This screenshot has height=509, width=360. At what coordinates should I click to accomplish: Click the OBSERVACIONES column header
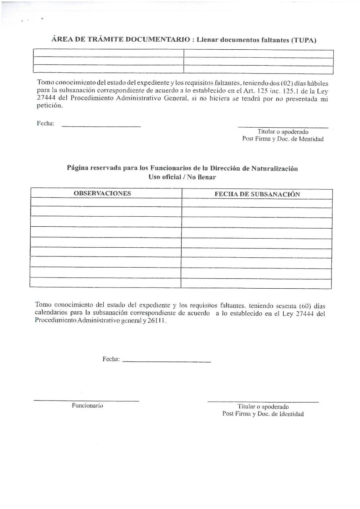pyautogui.click(x=102, y=193)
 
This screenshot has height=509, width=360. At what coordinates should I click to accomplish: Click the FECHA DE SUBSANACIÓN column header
pyautogui.click(x=257, y=194)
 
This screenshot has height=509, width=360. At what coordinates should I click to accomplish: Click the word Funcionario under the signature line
pyautogui.click(x=87, y=406)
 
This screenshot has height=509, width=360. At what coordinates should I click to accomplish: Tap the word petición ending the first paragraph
pyautogui.click(x=50, y=106)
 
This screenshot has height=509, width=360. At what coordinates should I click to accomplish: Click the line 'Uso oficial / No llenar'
pyautogui.click(x=182, y=177)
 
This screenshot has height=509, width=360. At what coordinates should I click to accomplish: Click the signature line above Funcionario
pyautogui.click(x=86, y=400)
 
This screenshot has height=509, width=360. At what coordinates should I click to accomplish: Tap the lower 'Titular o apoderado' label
pyautogui.click(x=263, y=407)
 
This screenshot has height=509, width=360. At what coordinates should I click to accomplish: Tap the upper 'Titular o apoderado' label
pyautogui.click(x=283, y=132)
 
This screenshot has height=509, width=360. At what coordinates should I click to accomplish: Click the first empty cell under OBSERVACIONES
pyautogui.click(x=106, y=203)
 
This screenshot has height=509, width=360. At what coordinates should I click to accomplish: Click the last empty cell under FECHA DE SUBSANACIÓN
pyautogui.click(x=256, y=284)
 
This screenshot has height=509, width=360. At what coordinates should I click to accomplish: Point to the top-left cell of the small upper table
pyautogui.click(x=108, y=53)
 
